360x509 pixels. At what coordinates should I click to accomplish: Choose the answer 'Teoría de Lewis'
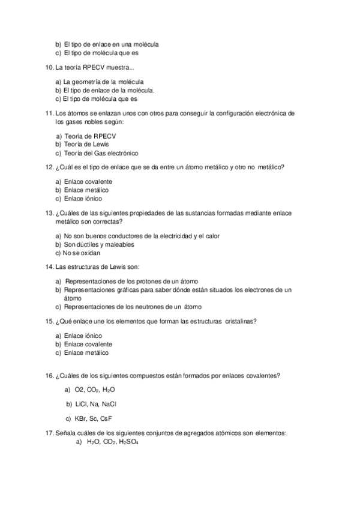tap(86, 144)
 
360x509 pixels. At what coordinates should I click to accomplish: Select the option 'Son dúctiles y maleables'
tap(99, 244)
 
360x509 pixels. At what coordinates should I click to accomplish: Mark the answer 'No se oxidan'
tap(82, 253)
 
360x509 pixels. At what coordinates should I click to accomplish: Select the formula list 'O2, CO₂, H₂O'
tap(95, 390)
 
